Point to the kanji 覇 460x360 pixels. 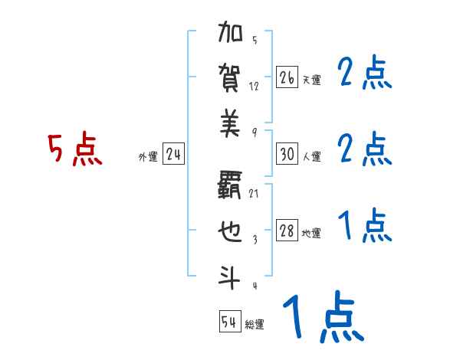click(231, 185)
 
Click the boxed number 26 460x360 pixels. click(287, 77)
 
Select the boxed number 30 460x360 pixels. click(287, 155)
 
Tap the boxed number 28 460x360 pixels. click(287, 232)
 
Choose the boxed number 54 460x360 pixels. click(229, 322)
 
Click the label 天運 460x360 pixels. click(311, 80)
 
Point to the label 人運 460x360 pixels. click(311, 157)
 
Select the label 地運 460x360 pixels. click(311, 234)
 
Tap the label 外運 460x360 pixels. click(148, 157)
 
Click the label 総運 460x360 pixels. click(255, 324)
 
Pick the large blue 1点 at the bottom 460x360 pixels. click(322, 319)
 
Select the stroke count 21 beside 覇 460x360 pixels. click(254, 194)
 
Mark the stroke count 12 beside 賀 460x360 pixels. click(254, 87)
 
